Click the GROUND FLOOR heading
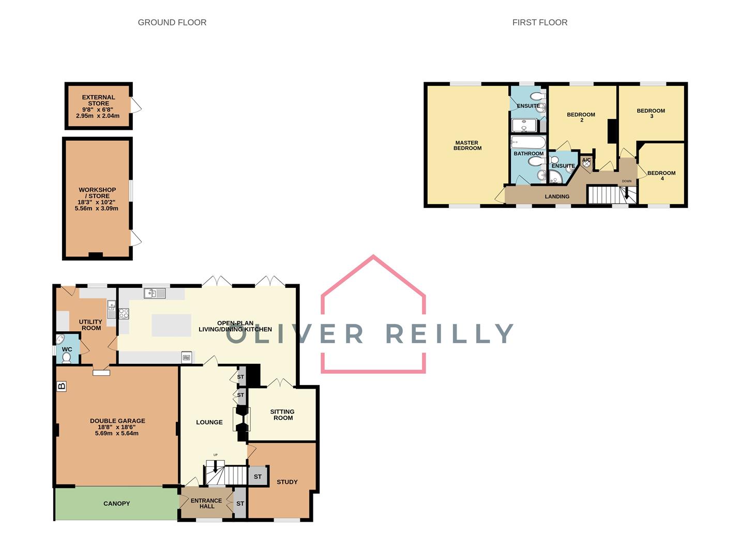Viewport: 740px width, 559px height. [172, 22]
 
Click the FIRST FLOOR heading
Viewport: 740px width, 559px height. [539, 22]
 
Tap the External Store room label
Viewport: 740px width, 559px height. [98, 100]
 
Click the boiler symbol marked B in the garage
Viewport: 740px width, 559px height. [62, 386]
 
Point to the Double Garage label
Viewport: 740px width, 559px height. [117, 421]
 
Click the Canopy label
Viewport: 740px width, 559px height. [116, 503]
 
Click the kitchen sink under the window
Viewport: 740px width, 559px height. [155, 293]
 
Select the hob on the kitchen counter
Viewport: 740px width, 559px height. [124, 313]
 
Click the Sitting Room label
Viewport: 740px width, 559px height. [282, 415]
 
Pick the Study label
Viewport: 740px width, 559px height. [287, 482]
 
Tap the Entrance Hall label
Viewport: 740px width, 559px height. [206, 503]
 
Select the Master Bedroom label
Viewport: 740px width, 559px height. [467, 145]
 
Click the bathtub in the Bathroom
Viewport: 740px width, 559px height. [528, 142]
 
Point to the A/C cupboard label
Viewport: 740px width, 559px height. [586, 160]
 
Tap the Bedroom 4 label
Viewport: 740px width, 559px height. [661, 175]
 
